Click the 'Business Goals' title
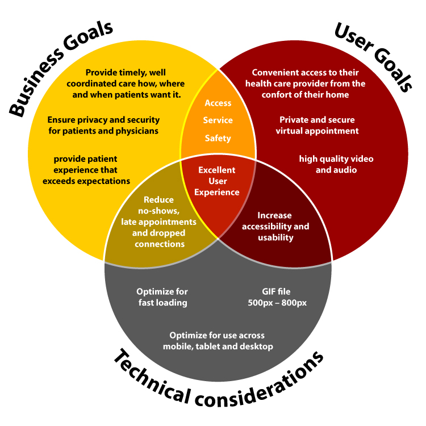point(61,68)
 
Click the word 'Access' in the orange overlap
point(218,103)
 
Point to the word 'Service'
point(218,120)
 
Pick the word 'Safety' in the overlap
point(218,138)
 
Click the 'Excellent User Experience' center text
point(217,181)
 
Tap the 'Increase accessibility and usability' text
point(275,226)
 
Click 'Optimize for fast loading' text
point(162,297)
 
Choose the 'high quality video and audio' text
point(336,164)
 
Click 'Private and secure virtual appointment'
point(317,125)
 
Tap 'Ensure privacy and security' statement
point(103,126)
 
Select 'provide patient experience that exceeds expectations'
point(86,170)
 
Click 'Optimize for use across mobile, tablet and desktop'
point(218,341)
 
